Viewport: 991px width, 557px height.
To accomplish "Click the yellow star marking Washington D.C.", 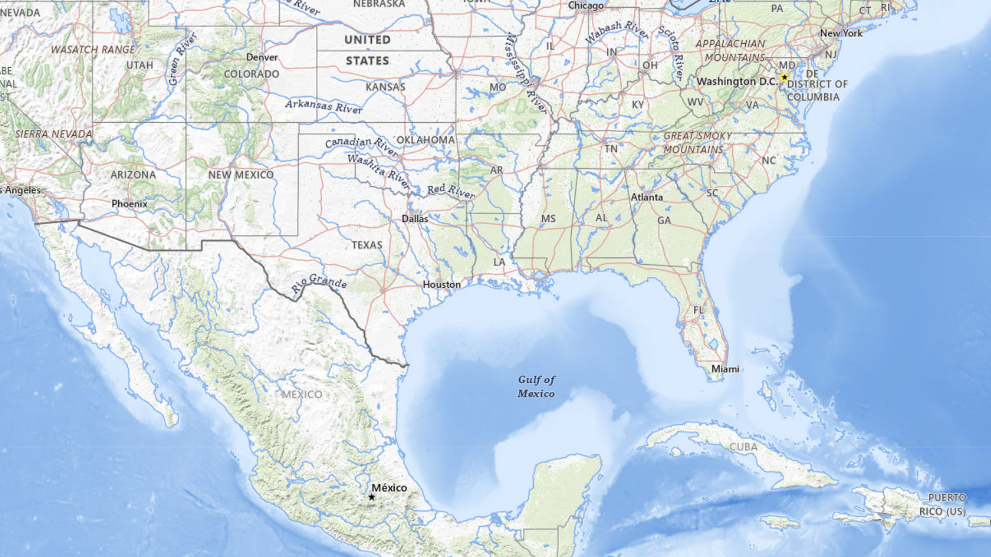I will point(784,77).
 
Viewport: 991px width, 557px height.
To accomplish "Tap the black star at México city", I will point(372,497).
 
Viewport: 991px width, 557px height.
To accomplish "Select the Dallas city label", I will point(415,219).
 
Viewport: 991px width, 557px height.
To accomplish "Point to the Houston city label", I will point(441,284).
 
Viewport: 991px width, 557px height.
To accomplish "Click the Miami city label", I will point(725,369).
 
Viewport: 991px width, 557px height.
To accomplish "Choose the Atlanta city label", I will point(646,197).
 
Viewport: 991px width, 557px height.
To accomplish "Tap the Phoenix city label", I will point(130,204).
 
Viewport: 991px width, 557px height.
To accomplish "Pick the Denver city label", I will point(262,57).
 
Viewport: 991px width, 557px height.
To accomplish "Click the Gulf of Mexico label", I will point(536,386).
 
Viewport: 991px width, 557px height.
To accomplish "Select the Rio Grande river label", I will point(318,284).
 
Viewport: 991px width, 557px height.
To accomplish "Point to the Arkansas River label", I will point(324,106).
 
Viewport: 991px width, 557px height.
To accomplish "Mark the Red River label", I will point(451,191).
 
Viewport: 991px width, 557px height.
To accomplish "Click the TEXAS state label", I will point(367,245).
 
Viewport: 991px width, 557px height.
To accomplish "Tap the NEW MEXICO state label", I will point(241,175).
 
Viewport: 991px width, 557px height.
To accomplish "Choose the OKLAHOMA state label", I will point(425,140).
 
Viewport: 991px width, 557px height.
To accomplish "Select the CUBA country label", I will point(743,447).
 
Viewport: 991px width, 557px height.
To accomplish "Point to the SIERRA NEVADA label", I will point(53,134).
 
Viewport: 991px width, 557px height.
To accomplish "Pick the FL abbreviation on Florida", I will point(698,310).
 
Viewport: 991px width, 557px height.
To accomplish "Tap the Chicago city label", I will point(585,6).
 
